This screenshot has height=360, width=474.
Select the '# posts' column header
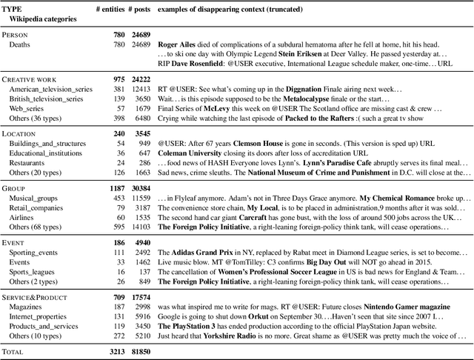pyautogui.click(x=138, y=8)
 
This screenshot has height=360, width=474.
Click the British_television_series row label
pyautogui.click(x=46, y=99)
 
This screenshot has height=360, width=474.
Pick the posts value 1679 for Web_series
pyautogui.click(x=141, y=109)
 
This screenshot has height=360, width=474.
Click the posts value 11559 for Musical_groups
pyautogui.click(x=140, y=199)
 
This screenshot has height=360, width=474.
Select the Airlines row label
pyautogui.click(x=24, y=219)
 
